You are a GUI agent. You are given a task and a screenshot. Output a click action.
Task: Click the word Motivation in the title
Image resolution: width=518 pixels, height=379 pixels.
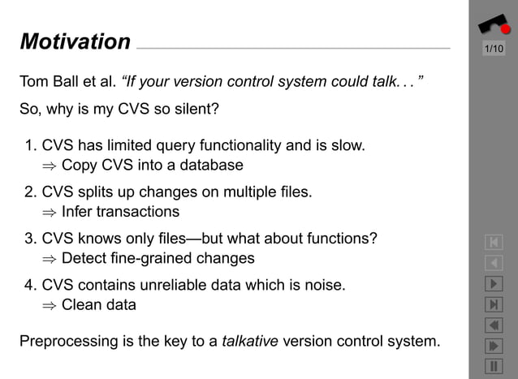tap(75, 41)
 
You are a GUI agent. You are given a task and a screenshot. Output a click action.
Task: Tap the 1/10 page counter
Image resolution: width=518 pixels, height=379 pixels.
tap(494, 50)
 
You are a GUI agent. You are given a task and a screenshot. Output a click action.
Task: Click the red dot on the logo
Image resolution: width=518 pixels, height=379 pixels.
tap(505, 29)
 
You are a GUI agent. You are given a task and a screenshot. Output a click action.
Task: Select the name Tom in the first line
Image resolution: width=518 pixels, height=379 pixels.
tap(33, 82)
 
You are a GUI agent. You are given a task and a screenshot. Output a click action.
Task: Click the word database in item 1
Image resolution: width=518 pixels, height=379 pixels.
tap(213, 166)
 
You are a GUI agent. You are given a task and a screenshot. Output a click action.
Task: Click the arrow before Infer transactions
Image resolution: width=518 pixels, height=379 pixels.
tap(49, 213)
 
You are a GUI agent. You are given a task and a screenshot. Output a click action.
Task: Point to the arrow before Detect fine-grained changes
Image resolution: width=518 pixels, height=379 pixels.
tap(49, 259)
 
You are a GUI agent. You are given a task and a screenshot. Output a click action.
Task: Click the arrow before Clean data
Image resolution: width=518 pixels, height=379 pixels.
tap(49, 306)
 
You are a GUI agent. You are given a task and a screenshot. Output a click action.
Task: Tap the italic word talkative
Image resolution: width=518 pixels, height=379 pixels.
tap(250, 341)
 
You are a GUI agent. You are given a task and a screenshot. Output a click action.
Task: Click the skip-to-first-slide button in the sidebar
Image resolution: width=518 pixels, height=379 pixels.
tap(494, 242)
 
